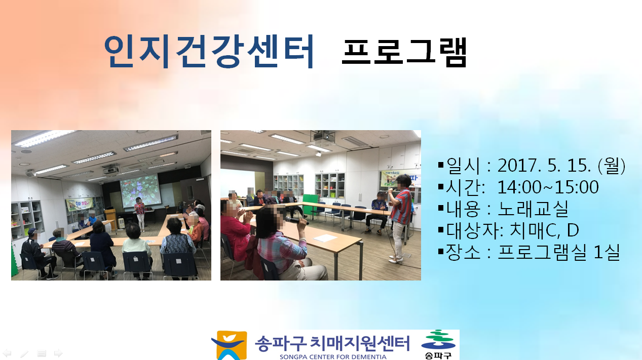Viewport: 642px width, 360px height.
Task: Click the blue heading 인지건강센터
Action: [x=209, y=52]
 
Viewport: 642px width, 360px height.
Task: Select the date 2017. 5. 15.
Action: [x=544, y=166]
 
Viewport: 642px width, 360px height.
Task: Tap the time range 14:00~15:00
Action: [x=548, y=187]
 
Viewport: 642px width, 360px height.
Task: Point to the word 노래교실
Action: [x=533, y=209]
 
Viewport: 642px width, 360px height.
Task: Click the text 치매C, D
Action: [x=544, y=230]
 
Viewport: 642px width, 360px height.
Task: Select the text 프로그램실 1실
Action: [x=559, y=252]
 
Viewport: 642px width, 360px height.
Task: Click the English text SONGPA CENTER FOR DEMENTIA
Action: [x=333, y=357]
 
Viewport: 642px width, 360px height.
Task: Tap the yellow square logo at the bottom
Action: [x=230, y=345]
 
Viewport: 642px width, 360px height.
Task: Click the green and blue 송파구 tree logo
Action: [x=438, y=344]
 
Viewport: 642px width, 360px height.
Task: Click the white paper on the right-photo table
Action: [x=325, y=237]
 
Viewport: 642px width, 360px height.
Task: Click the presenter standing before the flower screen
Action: [x=140, y=214]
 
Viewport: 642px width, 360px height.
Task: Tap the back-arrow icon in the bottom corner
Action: [x=7, y=353]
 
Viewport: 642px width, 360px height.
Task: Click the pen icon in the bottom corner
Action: [x=24, y=353]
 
